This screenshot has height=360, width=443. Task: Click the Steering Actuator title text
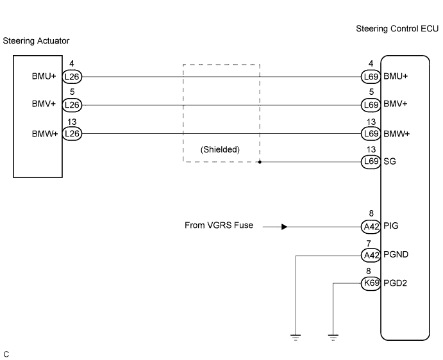pos(36,41)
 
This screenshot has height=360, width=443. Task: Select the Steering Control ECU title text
pos(397,29)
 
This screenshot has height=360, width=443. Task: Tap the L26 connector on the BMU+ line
pos(72,77)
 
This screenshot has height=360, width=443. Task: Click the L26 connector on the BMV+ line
pos(72,104)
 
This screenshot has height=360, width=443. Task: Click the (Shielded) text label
pos(220,149)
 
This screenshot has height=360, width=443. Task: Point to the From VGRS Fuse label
pos(219,225)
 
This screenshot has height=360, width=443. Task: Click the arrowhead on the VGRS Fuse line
pos(283,226)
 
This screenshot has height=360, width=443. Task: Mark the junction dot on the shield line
pos(260,162)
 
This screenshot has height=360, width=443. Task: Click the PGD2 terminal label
pos(396,282)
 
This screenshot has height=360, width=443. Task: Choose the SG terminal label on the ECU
pos(389,161)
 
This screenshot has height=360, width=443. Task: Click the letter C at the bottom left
pos(6,353)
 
